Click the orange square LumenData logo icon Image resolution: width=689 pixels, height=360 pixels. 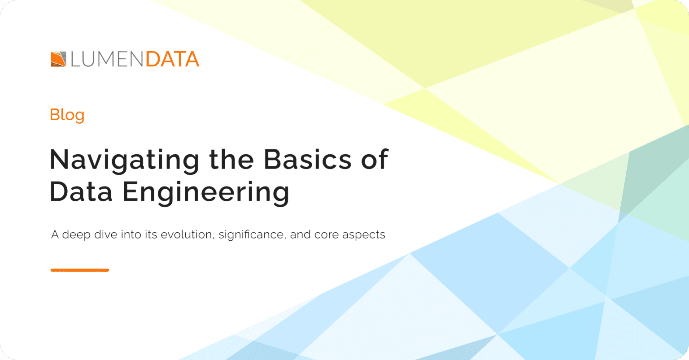coord(58,59)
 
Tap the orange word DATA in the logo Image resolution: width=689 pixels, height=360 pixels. coord(172,59)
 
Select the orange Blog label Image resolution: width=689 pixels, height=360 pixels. coord(67,115)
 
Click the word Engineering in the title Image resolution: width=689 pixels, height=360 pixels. coord(206,193)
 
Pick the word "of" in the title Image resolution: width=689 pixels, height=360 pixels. coord(374,159)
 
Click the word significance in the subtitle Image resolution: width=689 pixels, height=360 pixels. coord(252,235)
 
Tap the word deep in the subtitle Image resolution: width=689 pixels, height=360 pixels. coord(74,235)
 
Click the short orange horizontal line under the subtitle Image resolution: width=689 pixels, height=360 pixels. coord(80,270)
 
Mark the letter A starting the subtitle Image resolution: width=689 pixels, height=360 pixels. coord(55,234)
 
